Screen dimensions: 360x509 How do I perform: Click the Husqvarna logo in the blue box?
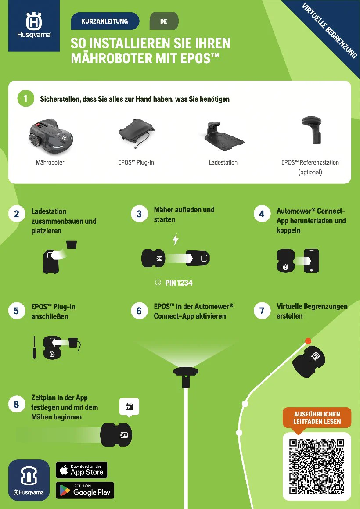(x=34, y=25)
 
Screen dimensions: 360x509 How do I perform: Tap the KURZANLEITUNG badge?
(x=105, y=22)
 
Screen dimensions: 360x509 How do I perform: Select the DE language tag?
(x=164, y=22)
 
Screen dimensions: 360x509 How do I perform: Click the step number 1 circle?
(x=25, y=98)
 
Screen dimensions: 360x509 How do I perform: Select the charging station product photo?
(x=224, y=136)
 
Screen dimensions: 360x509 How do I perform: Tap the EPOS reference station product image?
(x=311, y=129)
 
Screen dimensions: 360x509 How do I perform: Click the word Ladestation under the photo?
(x=223, y=162)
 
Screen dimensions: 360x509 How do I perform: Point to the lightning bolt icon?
(x=176, y=239)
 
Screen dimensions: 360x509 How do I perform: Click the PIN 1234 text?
(x=179, y=283)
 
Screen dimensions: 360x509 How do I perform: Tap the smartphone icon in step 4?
(x=311, y=261)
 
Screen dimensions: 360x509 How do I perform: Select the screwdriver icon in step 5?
(x=34, y=348)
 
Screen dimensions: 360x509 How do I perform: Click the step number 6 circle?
(x=139, y=311)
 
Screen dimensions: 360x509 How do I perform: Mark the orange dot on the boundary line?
(x=308, y=341)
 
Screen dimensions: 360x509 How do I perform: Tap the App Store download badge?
(x=82, y=470)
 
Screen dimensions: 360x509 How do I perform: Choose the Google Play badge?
(x=85, y=490)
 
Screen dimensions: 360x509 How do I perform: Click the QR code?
(x=317, y=466)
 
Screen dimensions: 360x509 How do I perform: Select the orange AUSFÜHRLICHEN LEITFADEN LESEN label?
(x=317, y=418)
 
